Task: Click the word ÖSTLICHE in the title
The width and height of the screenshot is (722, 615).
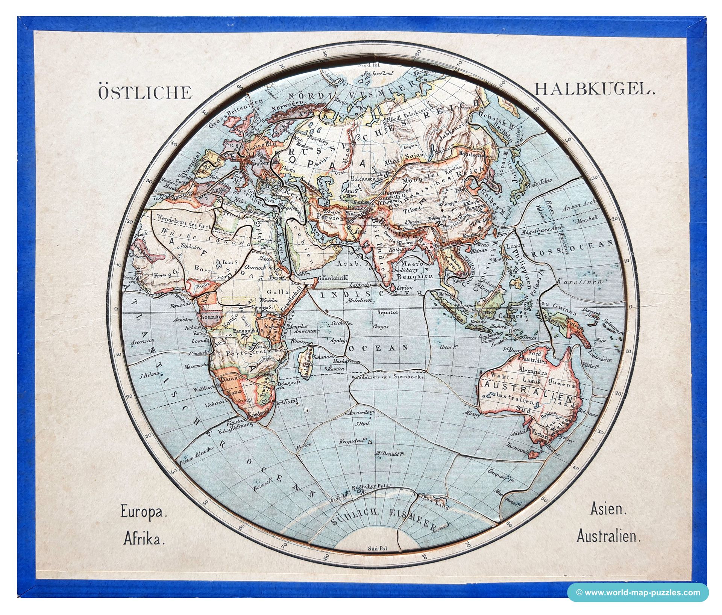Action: click(x=145, y=92)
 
